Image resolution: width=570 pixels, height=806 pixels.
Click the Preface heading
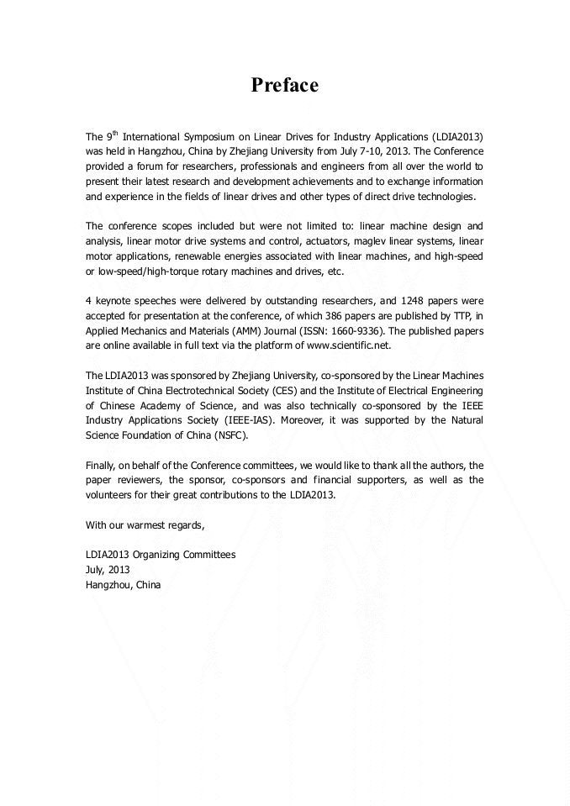(x=285, y=85)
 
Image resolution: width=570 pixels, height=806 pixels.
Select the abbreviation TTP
(x=458, y=315)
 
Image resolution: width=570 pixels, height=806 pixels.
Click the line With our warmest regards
(x=145, y=525)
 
